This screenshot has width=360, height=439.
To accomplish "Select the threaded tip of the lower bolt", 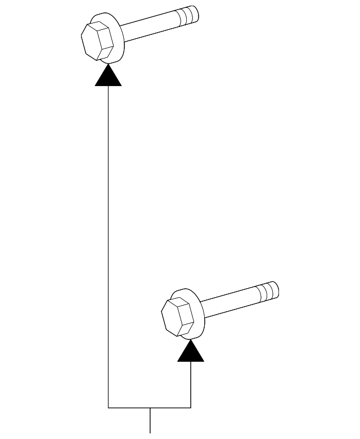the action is [267, 291].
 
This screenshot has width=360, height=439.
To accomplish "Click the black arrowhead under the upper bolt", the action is [108, 77].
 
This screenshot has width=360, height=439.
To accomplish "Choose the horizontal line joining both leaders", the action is [149, 407].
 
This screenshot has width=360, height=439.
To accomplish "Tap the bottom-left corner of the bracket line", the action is [108, 407].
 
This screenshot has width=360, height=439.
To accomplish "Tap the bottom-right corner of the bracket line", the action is [191, 407].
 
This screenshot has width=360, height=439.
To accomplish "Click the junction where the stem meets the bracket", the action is [150, 407].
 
